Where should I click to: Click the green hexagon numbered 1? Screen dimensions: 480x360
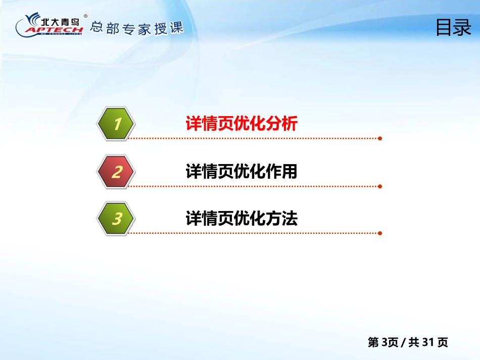click(x=116, y=124)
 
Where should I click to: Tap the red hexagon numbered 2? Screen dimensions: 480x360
click(x=116, y=172)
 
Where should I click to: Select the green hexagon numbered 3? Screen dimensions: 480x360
click(x=116, y=219)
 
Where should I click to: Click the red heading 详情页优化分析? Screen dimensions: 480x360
click(x=242, y=124)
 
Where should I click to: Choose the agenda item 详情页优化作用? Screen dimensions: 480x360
click(x=242, y=171)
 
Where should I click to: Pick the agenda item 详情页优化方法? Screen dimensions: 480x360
click(x=242, y=219)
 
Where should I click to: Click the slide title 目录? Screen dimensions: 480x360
click(x=453, y=28)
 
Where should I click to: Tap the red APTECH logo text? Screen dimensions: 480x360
click(x=54, y=30)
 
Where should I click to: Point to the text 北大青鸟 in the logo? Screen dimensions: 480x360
click(x=60, y=22)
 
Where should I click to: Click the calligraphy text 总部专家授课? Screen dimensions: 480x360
click(x=136, y=28)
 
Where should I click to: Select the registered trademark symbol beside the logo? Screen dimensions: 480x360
click(x=85, y=16)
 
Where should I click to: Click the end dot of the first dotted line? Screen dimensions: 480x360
click(x=380, y=138)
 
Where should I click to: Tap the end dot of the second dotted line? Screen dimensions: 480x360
click(x=380, y=186)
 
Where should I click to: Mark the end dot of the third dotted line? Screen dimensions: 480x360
click(x=380, y=233)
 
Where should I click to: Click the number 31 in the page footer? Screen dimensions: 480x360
click(x=427, y=342)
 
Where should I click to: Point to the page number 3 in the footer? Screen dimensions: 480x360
click(x=385, y=342)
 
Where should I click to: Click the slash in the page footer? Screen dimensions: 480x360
click(x=403, y=342)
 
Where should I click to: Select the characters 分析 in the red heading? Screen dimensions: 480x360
click(x=281, y=124)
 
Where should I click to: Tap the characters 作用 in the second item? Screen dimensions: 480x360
click(x=281, y=171)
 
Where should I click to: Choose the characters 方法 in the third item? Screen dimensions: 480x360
click(x=281, y=219)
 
